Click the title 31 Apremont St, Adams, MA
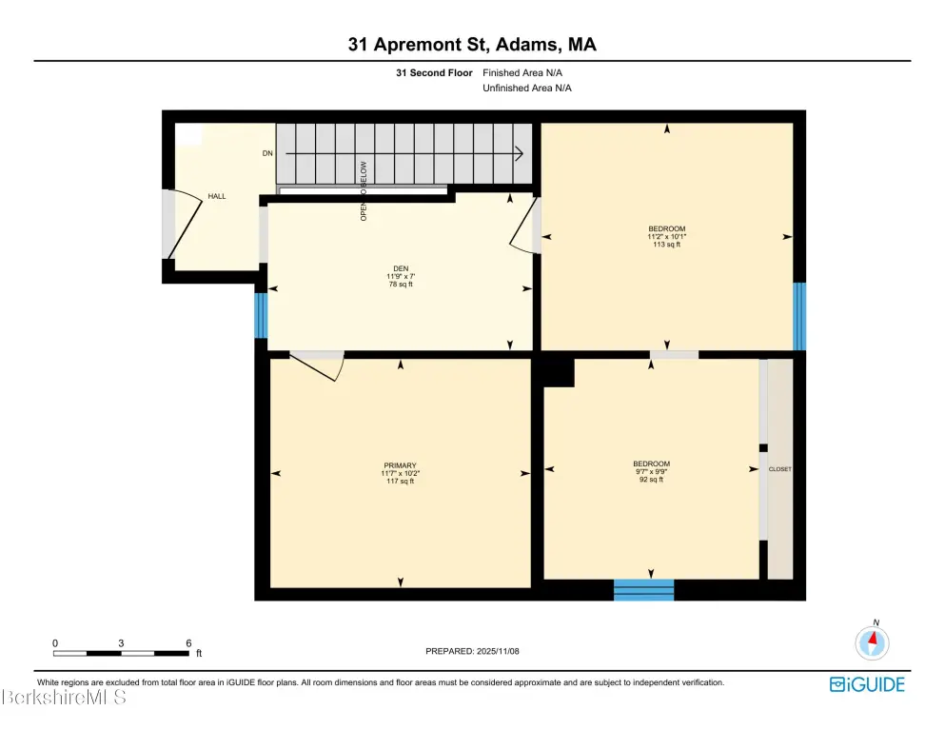pos(472,44)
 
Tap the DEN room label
pos(401,268)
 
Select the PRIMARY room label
pos(401,465)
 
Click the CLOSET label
pos(779,469)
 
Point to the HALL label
pos(217,196)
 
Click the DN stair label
pos(267,153)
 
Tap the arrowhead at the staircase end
pos(519,154)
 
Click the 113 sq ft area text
pos(666,245)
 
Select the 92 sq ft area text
pos(651,480)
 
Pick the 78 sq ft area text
pos(401,284)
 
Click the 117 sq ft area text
pos(401,481)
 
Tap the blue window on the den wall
pos(261,315)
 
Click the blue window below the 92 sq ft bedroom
pos(643,589)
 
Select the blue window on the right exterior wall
pos(799,316)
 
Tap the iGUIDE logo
pos(867,684)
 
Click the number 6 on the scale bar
pos(188,643)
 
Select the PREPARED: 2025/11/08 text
pos(472,651)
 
